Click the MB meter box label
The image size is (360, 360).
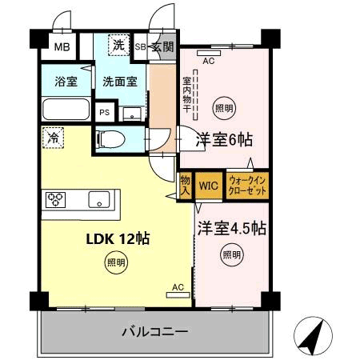point(62,47)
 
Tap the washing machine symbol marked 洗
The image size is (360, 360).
point(119,45)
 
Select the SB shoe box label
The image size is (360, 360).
point(140,47)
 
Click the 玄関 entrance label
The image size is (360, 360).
point(162,47)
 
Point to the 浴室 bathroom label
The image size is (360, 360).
point(66,82)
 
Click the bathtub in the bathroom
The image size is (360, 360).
point(66,109)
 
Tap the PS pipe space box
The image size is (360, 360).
point(105,112)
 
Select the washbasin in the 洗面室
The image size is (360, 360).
point(132,114)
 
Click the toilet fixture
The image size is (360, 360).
point(111,139)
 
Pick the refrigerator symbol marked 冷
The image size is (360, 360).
point(54,138)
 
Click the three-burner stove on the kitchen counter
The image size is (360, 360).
point(55,200)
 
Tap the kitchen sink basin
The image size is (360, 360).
point(99,199)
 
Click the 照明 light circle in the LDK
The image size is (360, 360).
point(116,262)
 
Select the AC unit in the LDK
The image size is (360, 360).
point(178,295)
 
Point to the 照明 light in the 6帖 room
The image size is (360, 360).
point(224,108)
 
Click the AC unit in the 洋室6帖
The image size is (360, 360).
point(209,53)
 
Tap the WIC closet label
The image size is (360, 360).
point(209,186)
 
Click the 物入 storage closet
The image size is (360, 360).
point(185,186)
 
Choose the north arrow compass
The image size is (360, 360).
point(313,336)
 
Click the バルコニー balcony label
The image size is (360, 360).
point(155,332)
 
